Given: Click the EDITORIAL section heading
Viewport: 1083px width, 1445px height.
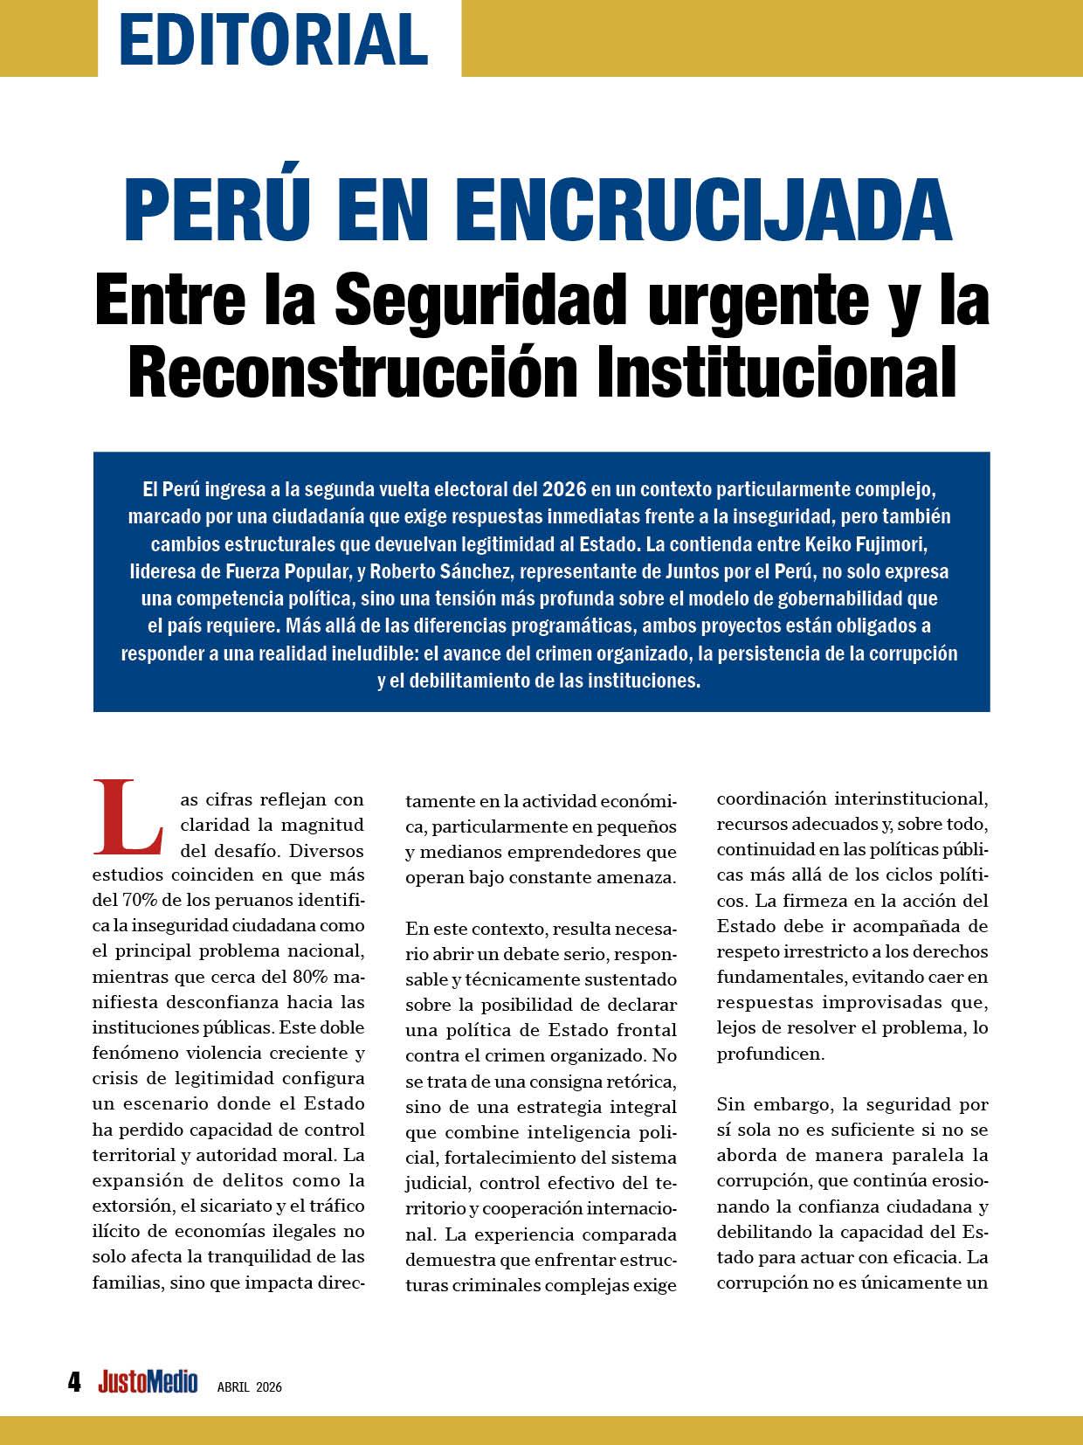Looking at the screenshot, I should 273,38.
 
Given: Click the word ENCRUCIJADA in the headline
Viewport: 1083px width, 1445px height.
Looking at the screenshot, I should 703,211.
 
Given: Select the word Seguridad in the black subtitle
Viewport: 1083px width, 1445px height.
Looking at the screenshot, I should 479,299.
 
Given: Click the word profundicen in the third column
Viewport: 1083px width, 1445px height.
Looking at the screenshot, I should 758,1054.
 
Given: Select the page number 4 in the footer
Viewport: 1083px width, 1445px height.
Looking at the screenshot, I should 75,1382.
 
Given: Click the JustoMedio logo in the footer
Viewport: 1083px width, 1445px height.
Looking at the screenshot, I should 148,1382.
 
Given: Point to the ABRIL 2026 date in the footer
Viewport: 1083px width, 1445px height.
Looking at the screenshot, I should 250,1386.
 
